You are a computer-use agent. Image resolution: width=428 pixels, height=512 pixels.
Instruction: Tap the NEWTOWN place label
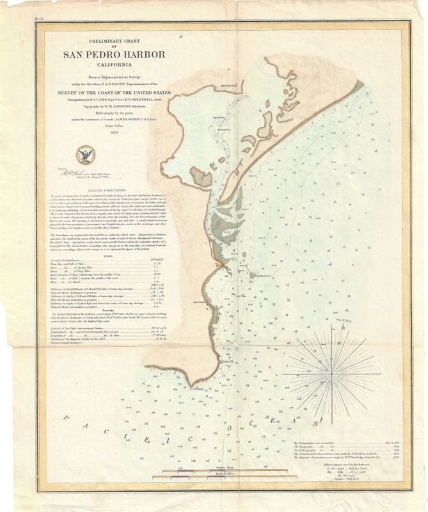click(228, 84)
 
